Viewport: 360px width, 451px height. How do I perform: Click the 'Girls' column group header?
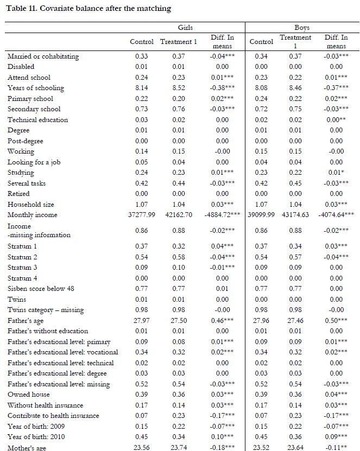point(186,27)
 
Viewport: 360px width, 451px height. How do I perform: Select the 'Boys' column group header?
point(302,27)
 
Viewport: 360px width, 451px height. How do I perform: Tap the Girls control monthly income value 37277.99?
point(142,215)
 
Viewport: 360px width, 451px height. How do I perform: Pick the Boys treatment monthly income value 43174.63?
point(295,215)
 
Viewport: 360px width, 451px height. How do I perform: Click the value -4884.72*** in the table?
point(220,215)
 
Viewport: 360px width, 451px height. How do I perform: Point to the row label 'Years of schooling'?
point(36,88)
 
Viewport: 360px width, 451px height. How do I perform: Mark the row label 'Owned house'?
point(28,395)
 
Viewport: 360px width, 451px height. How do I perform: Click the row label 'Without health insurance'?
point(45,405)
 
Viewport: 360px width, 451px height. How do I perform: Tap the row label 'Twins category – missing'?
point(46,310)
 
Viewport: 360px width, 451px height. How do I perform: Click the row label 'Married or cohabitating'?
point(43,56)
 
